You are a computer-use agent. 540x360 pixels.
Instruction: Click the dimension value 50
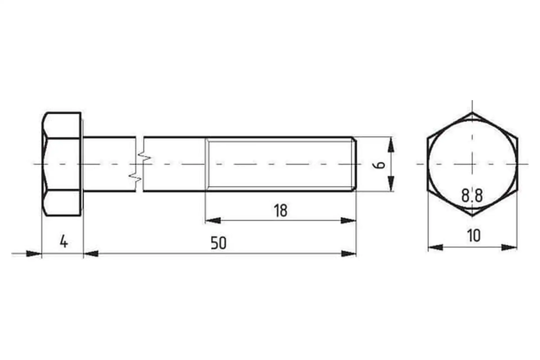(x=218, y=243)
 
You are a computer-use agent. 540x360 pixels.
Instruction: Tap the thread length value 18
(x=281, y=211)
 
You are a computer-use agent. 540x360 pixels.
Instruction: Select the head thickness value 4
(x=64, y=242)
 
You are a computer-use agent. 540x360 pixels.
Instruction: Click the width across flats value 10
(x=474, y=235)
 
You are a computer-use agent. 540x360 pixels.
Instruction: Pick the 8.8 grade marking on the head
(x=472, y=195)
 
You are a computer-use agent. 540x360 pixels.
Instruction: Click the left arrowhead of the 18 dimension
(x=213, y=220)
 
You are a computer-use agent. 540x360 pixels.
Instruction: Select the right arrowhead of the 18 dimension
(x=348, y=220)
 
